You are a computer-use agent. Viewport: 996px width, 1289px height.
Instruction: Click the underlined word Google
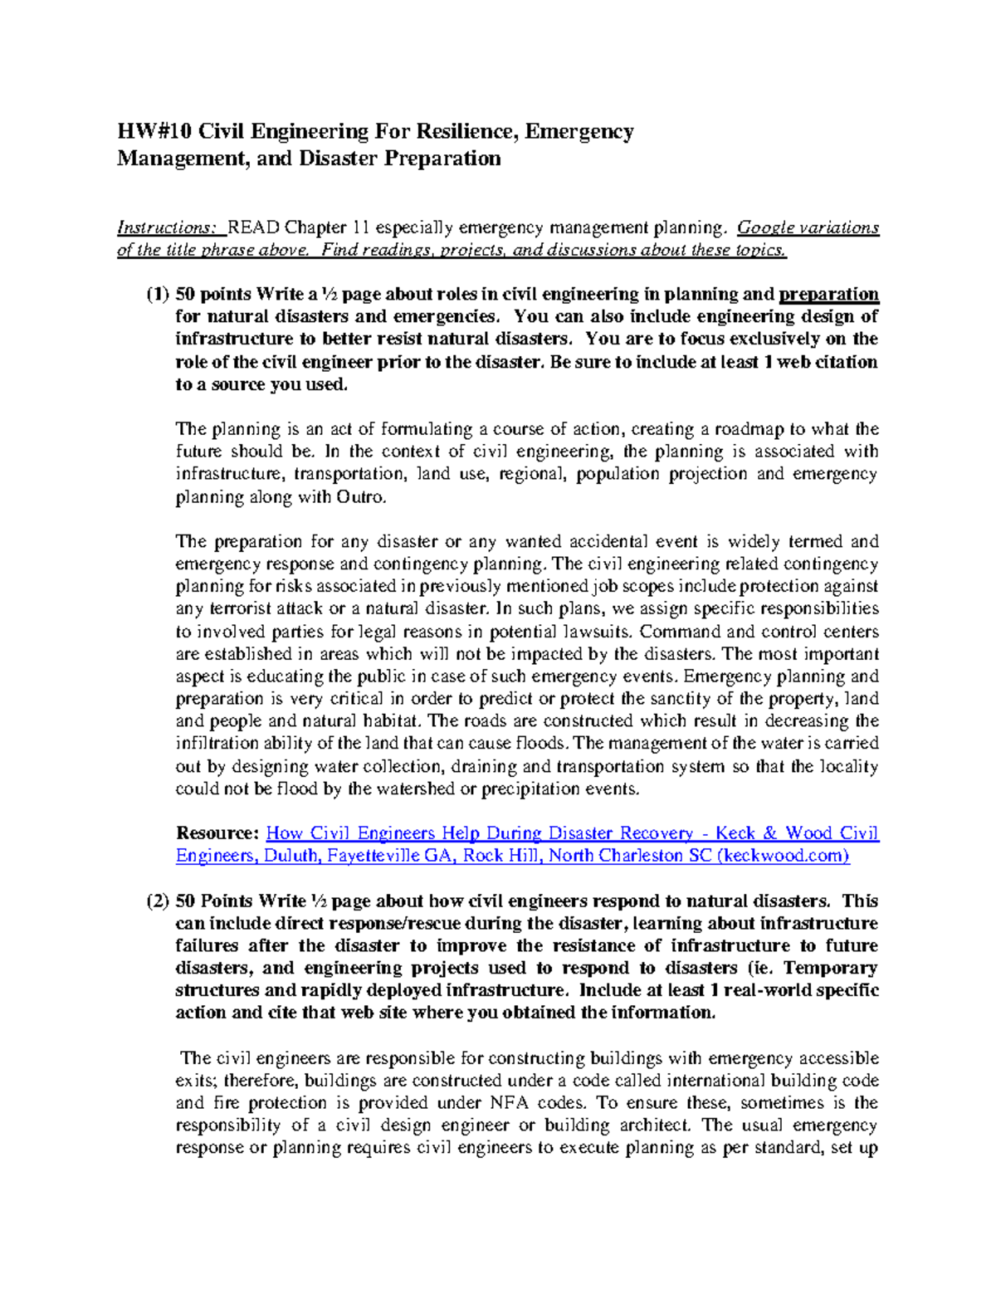pyautogui.click(x=765, y=227)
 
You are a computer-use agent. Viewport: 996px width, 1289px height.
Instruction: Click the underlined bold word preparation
pyautogui.click(x=828, y=294)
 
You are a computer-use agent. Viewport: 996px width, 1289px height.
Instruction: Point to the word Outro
pyautogui.click(x=361, y=497)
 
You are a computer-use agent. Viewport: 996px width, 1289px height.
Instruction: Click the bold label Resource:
pyautogui.click(x=218, y=833)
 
